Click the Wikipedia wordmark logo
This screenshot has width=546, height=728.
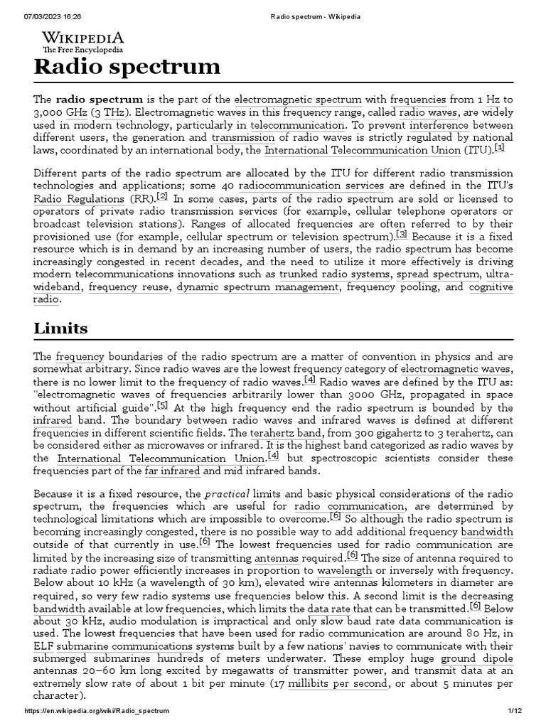tap(83, 38)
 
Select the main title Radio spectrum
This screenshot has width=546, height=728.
tap(127, 68)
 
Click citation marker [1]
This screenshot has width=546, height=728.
tap(500, 148)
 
